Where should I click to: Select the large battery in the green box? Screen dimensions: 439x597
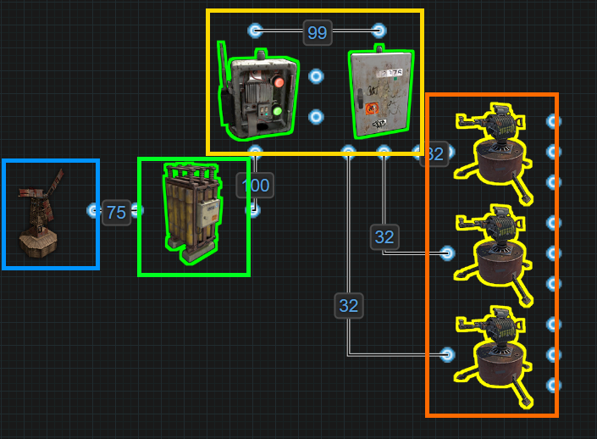pos(192,207)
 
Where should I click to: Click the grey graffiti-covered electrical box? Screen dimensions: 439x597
pos(385,92)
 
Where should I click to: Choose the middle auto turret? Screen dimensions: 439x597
pos(495,247)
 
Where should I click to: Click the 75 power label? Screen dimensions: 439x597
pos(116,212)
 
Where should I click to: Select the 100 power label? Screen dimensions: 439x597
pos(255,185)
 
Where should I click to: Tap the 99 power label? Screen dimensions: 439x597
pos(317,33)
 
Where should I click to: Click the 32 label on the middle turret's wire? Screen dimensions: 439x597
pos(384,236)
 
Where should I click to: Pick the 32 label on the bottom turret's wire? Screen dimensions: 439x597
pos(348,305)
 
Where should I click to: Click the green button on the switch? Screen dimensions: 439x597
pos(276,110)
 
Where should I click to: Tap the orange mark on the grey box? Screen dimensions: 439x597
pos(371,108)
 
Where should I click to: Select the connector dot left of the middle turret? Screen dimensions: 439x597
pos(447,253)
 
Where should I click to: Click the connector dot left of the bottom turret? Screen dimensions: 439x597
pos(447,354)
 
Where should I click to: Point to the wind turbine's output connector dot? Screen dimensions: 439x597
pos(94,210)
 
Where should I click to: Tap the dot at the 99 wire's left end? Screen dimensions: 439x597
pos(255,31)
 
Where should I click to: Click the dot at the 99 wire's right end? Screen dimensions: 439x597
pos(379,31)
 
